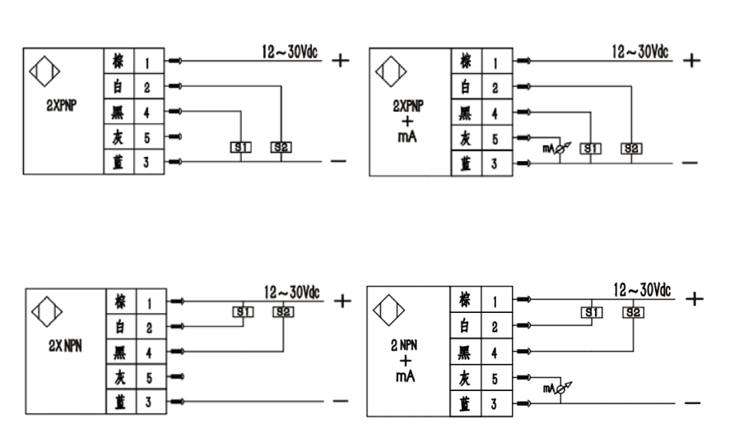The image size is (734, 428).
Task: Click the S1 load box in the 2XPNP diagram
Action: pyautogui.click(x=241, y=148)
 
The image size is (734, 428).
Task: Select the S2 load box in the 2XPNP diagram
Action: pyautogui.click(x=281, y=148)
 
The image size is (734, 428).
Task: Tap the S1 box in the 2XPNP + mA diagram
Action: pyautogui.click(x=591, y=149)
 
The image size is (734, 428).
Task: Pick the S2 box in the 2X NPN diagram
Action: pyautogui.click(x=283, y=311)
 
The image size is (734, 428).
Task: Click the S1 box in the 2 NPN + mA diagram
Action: pyautogui.click(x=592, y=313)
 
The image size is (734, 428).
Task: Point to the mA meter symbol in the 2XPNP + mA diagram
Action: pyautogui.click(x=557, y=149)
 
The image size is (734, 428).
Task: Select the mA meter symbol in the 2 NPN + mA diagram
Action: pyautogui.click(x=558, y=389)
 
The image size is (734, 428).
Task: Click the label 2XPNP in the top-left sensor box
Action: pyautogui.click(x=62, y=106)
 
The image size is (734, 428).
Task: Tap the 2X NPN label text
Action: pyautogui.click(x=65, y=346)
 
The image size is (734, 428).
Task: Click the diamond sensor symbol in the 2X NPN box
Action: pyautogui.click(x=47, y=311)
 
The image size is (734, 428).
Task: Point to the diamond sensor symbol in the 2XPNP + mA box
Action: pyautogui.click(x=391, y=71)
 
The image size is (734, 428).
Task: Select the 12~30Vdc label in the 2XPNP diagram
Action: pyautogui.click(x=290, y=52)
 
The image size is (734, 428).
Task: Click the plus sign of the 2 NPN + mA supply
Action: pyautogui.click(x=695, y=298)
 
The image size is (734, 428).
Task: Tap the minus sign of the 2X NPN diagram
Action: pyautogui.click(x=341, y=401)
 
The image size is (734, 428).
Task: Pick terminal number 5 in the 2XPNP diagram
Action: pyautogui.click(x=147, y=138)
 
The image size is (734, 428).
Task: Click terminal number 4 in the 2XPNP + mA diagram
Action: pyautogui.click(x=495, y=113)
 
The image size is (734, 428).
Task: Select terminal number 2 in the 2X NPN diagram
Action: pyautogui.click(x=149, y=328)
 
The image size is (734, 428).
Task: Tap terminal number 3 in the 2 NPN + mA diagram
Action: pyautogui.click(x=494, y=404)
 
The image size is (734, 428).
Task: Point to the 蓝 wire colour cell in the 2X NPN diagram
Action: pyautogui.click(x=121, y=402)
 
